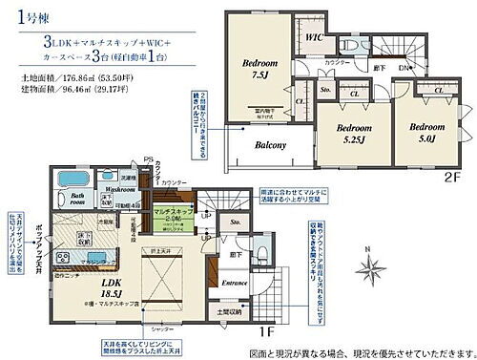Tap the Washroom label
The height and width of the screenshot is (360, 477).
118,189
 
